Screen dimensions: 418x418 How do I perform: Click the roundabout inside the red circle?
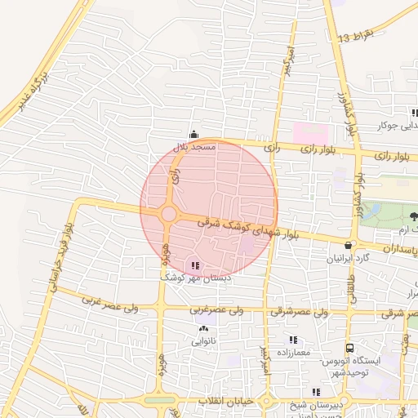(168, 214)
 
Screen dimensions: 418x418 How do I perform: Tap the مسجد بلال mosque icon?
(193, 135)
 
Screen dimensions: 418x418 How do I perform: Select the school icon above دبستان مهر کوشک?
(193, 265)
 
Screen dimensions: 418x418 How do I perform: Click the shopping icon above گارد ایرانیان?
(349, 245)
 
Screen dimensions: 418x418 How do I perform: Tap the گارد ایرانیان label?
(349, 258)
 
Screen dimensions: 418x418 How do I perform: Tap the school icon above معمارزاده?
(292, 340)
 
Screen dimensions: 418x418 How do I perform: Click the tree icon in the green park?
(413, 216)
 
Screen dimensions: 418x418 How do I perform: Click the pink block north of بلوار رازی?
(309, 131)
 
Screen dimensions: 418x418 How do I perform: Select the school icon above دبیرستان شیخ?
(316, 393)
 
